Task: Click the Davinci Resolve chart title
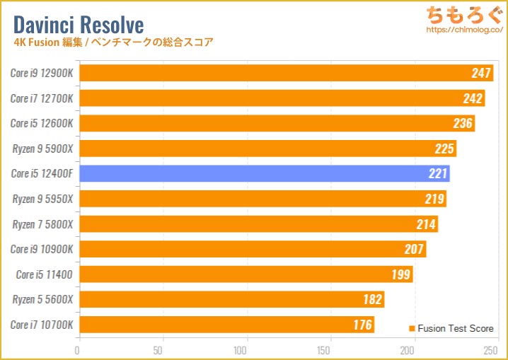click(78, 25)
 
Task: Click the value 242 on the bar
click(473, 98)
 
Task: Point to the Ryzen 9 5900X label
click(42, 149)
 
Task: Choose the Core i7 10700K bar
click(226, 325)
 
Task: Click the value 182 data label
click(372, 299)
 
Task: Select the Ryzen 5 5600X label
click(42, 299)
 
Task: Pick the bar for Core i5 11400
click(245, 274)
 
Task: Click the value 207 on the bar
click(414, 249)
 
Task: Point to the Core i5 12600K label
click(42, 123)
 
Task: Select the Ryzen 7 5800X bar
click(258, 223)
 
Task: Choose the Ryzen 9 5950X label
click(42, 199)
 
